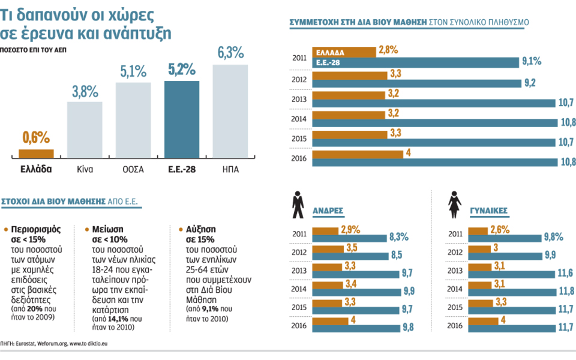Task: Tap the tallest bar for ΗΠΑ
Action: [230, 111]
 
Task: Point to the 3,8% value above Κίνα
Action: [85, 92]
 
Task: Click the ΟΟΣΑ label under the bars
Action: [133, 169]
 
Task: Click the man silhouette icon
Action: [298, 205]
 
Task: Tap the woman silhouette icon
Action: [455, 205]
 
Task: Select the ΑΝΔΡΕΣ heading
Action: [328, 211]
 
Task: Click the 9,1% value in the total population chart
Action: [532, 61]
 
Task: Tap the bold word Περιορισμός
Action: [34, 229]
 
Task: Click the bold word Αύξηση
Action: [201, 229]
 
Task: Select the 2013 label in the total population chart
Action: [299, 100]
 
